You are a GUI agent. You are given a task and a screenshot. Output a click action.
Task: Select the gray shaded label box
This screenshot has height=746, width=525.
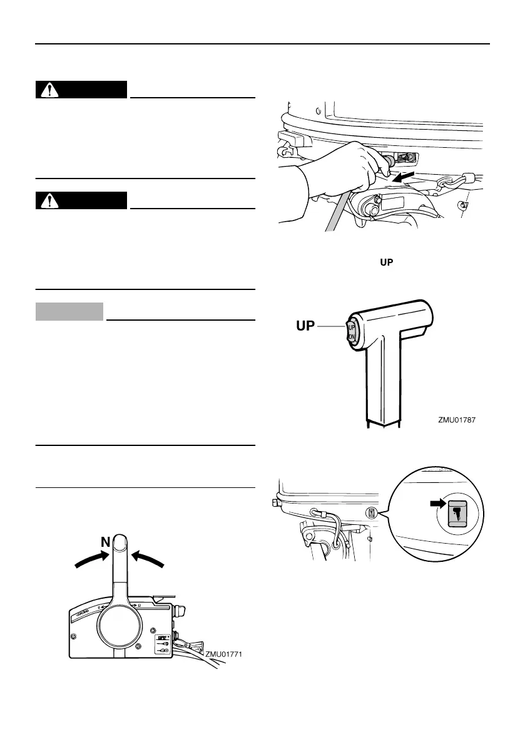click(x=69, y=311)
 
